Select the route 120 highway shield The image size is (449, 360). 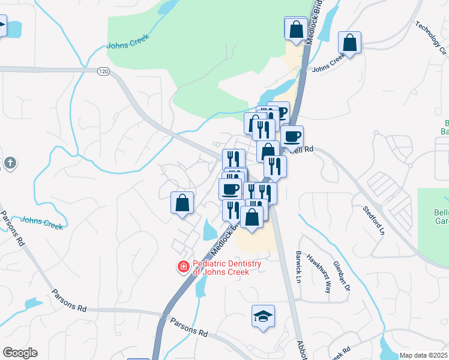(103, 71)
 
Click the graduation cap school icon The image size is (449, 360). (263, 316)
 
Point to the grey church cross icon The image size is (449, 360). (10, 163)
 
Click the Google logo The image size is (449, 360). (20, 352)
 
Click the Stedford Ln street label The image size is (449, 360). (373, 221)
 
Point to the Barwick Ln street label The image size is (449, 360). (298, 266)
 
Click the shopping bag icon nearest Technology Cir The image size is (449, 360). (349, 43)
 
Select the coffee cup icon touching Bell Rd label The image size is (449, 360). (292, 137)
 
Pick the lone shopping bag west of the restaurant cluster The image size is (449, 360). (182, 203)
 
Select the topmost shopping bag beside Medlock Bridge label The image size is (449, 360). (295, 28)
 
